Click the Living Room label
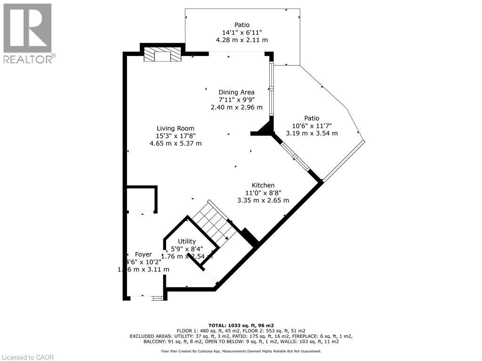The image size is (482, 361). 176,128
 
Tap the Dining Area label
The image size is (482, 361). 236,92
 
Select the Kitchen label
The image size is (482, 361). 263,185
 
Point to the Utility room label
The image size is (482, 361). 186,241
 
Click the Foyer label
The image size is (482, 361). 144,254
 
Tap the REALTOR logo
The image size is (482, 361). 28,33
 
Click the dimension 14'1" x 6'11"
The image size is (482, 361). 242,32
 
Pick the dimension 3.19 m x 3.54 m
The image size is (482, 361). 312,133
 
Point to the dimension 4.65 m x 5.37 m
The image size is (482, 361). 176,143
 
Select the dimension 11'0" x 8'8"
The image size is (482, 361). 263,193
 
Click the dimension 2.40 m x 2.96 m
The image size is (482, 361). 236,107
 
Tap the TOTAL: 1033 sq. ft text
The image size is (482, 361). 241,325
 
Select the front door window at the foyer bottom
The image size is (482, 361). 157,298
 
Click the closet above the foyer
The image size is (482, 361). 141,199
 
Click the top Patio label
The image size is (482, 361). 242,25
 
